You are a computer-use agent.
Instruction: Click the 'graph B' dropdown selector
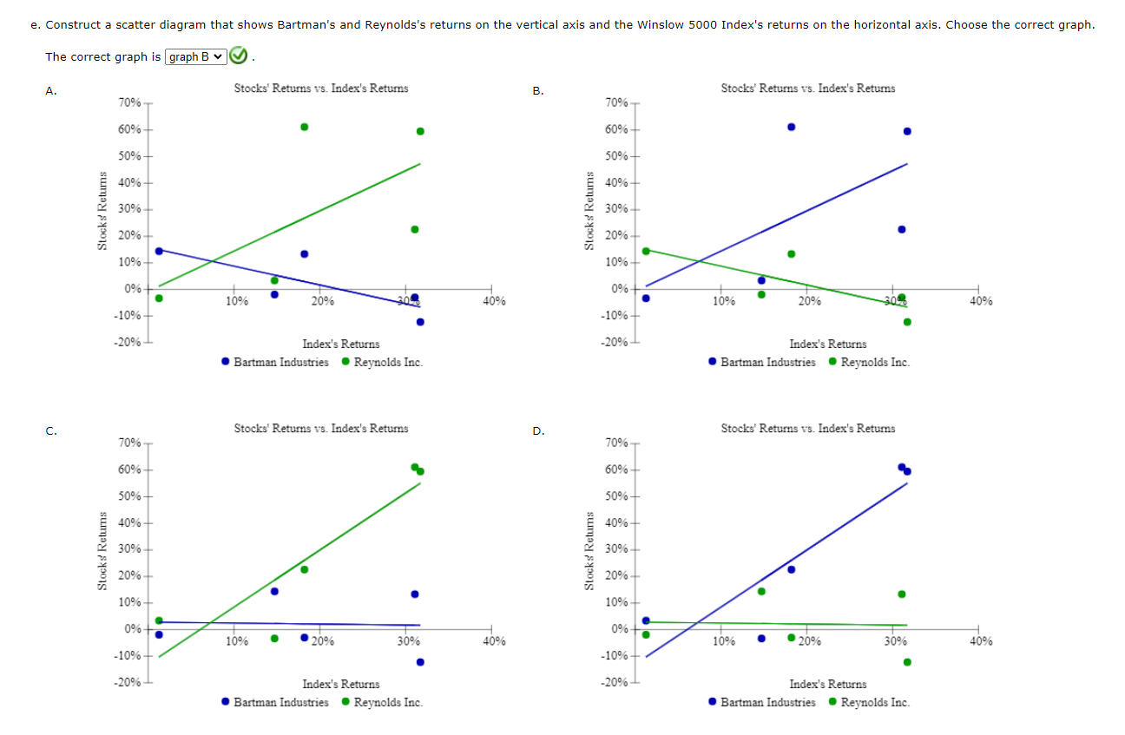tap(194, 57)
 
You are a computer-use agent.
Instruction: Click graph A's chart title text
tap(320, 88)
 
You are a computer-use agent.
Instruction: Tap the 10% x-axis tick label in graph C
tap(236, 641)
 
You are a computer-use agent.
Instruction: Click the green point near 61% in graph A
tap(305, 127)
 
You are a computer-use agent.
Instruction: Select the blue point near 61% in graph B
tap(791, 127)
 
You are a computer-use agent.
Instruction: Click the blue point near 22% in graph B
tap(901, 229)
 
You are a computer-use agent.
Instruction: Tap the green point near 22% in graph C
tap(305, 569)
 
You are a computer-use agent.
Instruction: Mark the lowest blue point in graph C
tap(420, 662)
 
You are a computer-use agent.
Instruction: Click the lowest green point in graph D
tap(907, 662)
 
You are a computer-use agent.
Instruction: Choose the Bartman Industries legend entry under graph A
tap(275, 362)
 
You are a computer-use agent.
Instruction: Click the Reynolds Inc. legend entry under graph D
tap(869, 702)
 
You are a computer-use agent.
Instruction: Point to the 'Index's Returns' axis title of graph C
tap(340, 685)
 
